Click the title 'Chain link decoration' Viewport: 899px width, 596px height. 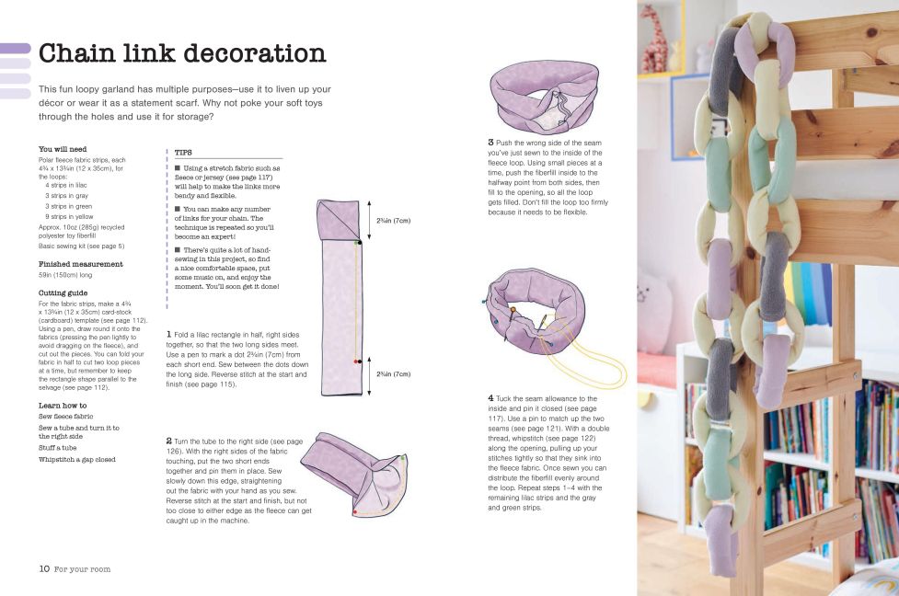pos(182,53)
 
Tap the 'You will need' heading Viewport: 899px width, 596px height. pos(63,149)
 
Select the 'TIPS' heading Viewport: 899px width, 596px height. pos(183,153)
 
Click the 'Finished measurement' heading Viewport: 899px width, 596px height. pos(81,264)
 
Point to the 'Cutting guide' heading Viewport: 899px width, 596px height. pos(63,293)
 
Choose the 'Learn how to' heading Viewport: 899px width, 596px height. pos(63,406)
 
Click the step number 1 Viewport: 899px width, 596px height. pos(168,334)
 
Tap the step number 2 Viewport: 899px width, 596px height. pos(169,441)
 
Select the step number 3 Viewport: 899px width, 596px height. pos(490,143)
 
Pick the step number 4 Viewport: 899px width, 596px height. pos(490,397)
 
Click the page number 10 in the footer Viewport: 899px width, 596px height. pos(44,568)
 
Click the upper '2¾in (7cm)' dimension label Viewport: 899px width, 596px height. pos(393,221)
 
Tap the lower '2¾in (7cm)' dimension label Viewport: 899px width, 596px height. pos(393,374)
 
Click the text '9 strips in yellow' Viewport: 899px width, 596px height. pos(69,217)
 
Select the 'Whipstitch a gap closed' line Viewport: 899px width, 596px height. pos(76,460)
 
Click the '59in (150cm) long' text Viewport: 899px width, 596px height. pos(65,275)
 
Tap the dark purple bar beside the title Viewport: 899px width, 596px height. pos(16,49)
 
